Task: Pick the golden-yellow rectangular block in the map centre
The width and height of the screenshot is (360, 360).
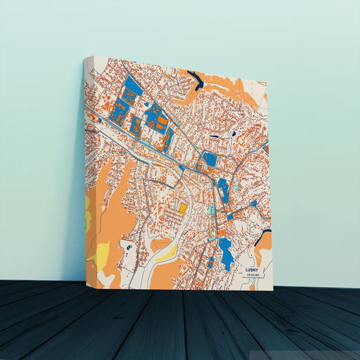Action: pos(183,208)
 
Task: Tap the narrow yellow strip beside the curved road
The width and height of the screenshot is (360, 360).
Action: pos(165,253)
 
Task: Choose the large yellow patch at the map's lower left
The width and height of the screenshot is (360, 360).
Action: pos(101,255)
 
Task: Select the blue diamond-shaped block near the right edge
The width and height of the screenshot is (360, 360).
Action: pos(253,203)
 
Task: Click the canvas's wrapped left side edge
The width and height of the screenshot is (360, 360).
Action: pos(86,169)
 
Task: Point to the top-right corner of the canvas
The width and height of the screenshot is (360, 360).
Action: pos(267,82)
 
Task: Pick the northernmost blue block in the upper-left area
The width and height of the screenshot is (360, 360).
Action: pos(132,86)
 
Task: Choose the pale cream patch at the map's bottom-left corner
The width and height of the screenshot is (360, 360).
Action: pos(106,278)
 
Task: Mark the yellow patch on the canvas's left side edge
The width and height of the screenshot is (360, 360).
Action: pos(88,220)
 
